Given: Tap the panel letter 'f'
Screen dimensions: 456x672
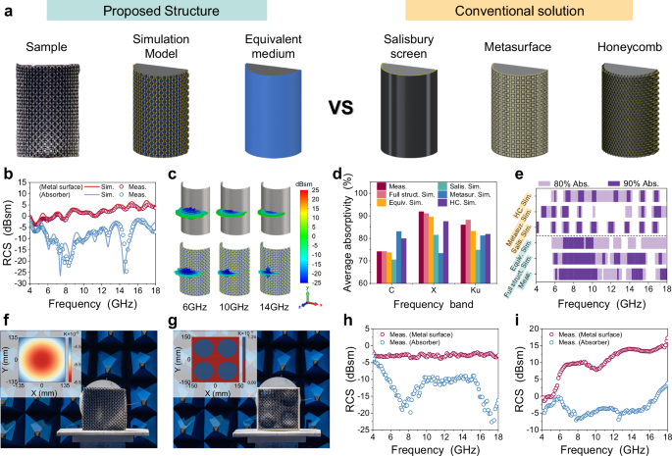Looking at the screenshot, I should tap(8, 320).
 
